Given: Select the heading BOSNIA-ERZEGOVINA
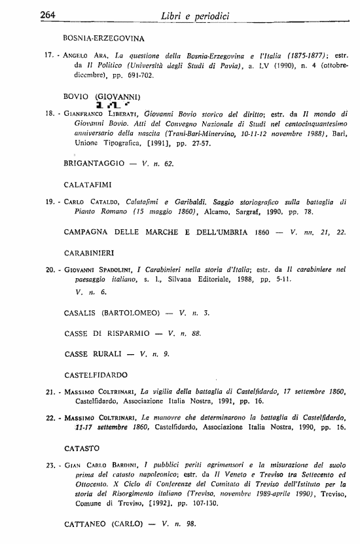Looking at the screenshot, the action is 104,39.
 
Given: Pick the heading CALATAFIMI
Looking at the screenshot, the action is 91,185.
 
